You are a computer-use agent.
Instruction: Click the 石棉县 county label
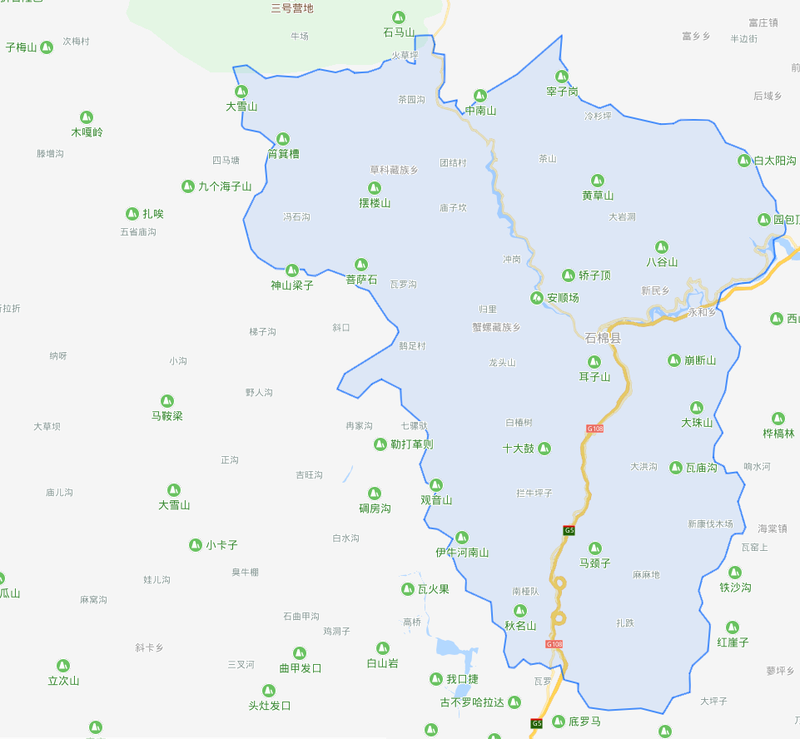(x=603, y=338)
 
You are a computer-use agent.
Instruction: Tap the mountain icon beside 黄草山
(x=597, y=181)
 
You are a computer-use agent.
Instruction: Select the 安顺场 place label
(x=563, y=297)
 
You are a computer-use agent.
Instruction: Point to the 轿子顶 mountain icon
(x=569, y=275)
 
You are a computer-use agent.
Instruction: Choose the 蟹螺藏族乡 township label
(x=496, y=327)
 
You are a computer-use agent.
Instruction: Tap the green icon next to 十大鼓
(x=544, y=449)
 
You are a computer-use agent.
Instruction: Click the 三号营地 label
(x=292, y=8)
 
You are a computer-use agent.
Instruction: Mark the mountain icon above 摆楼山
(x=375, y=188)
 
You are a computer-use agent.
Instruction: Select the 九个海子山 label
(x=224, y=186)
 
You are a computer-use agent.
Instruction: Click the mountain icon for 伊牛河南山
(x=462, y=538)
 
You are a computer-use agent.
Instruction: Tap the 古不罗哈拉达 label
(x=472, y=702)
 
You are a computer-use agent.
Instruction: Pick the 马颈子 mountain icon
(x=595, y=548)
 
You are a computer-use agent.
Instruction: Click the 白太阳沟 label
(x=774, y=160)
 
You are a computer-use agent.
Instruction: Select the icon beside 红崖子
(x=733, y=627)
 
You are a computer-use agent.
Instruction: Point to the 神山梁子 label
(x=292, y=285)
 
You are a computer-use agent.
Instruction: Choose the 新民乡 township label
(x=655, y=290)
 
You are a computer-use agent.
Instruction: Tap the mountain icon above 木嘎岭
(x=87, y=117)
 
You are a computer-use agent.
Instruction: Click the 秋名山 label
(x=520, y=626)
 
